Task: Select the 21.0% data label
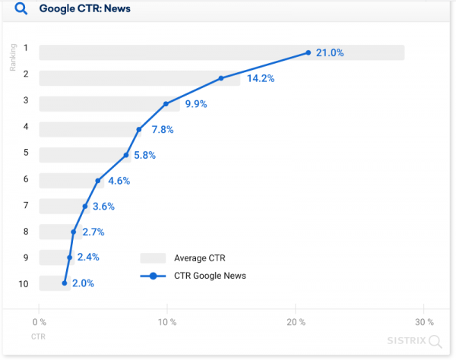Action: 330,52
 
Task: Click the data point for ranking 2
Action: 221,78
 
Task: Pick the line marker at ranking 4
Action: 139,130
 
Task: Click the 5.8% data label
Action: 144,155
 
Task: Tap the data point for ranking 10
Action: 65,283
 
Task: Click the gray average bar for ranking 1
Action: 220,52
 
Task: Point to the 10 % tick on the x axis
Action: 167,322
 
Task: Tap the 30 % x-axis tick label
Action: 425,322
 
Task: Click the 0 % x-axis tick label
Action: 39,322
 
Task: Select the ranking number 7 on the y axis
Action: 25,206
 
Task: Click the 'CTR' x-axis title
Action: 38,335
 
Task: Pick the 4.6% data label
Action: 119,181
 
